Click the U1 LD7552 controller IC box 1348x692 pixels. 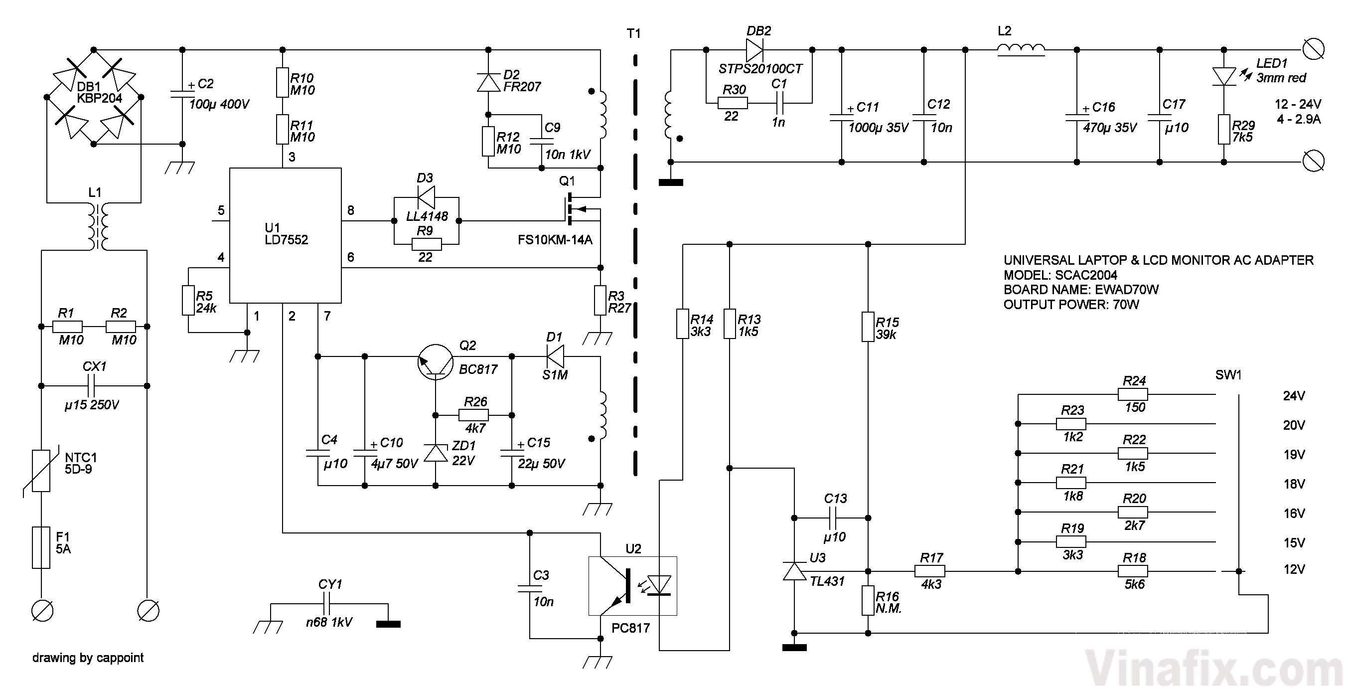(x=285, y=235)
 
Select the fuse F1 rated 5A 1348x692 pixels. (x=41, y=547)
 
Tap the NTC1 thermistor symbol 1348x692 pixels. (x=41, y=470)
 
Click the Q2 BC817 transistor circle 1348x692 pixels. (x=436, y=361)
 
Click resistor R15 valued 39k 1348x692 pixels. (x=868, y=327)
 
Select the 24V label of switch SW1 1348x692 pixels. (x=1293, y=396)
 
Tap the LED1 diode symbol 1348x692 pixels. (x=1223, y=76)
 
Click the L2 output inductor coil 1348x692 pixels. (x=1021, y=49)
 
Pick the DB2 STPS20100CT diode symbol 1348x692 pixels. (x=754, y=50)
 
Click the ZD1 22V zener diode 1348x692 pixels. (x=436, y=453)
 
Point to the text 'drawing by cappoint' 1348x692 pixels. (x=88, y=658)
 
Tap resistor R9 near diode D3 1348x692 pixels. (x=427, y=244)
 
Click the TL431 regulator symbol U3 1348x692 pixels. (x=794, y=571)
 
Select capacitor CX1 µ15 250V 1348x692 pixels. (x=94, y=386)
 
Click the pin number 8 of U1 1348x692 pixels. (x=351, y=210)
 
